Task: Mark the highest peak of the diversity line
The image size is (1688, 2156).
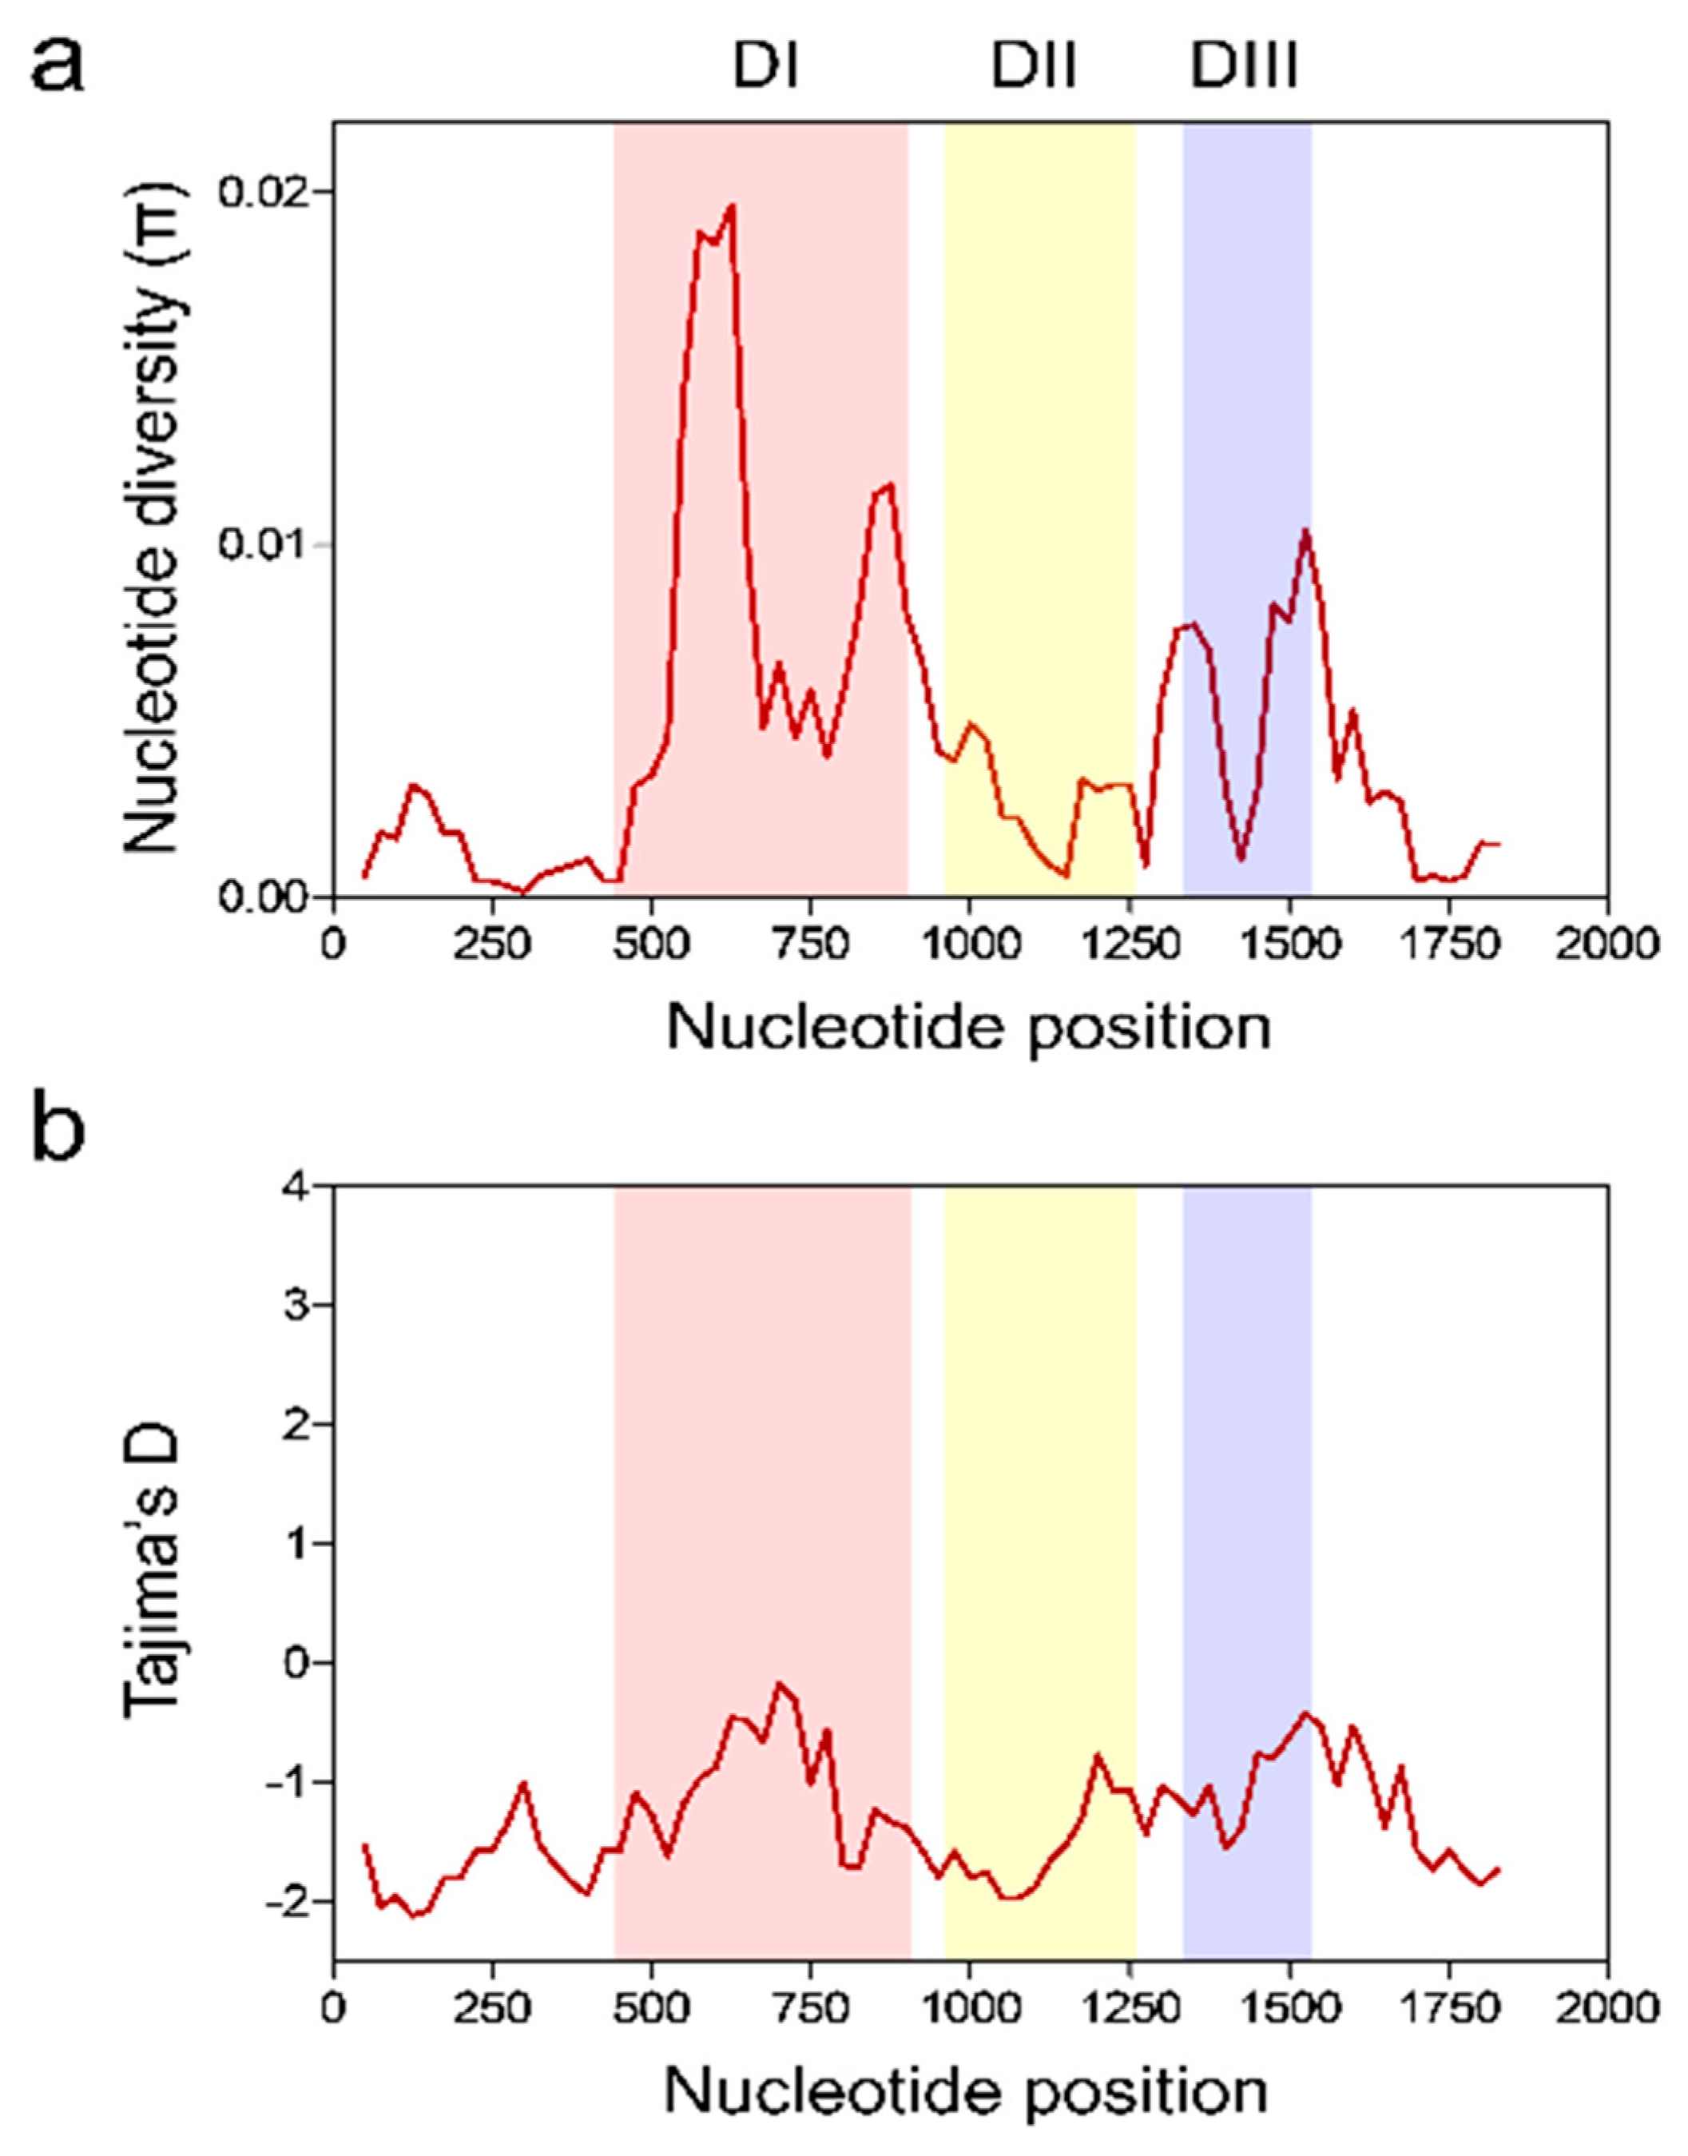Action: [733, 205]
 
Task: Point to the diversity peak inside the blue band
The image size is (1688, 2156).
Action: [1305, 531]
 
